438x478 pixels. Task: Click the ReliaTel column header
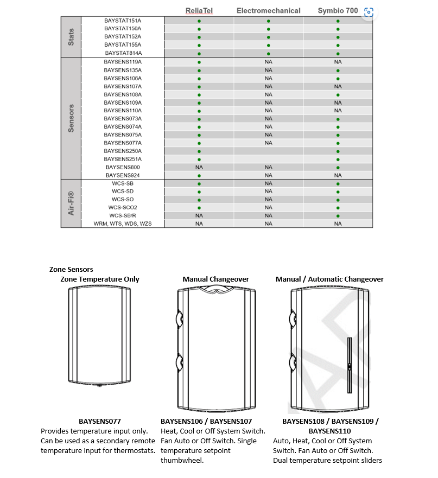click(x=199, y=11)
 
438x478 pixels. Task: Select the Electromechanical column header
click(x=268, y=11)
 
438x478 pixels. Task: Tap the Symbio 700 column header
click(x=337, y=11)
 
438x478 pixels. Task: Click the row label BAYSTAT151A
click(x=123, y=21)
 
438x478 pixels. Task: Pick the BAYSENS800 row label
click(x=123, y=168)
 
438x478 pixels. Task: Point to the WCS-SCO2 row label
click(x=123, y=207)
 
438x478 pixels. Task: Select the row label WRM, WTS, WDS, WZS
click(x=123, y=224)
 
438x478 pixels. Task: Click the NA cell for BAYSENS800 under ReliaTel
click(x=199, y=168)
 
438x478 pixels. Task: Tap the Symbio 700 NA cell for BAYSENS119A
click(x=338, y=62)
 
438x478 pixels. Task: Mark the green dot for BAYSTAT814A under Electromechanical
click(x=268, y=54)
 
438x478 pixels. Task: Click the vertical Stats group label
click(x=71, y=37)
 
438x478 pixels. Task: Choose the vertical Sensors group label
click(x=71, y=118)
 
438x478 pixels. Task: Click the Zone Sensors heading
click(x=71, y=269)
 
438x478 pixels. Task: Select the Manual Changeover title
click(x=215, y=279)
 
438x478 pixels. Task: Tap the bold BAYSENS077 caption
click(x=99, y=421)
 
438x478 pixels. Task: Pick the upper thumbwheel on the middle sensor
click(x=180, y=317)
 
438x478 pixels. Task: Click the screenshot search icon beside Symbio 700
click(x=369, y=12)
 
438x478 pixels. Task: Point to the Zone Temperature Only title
click(x=100, y=279)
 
